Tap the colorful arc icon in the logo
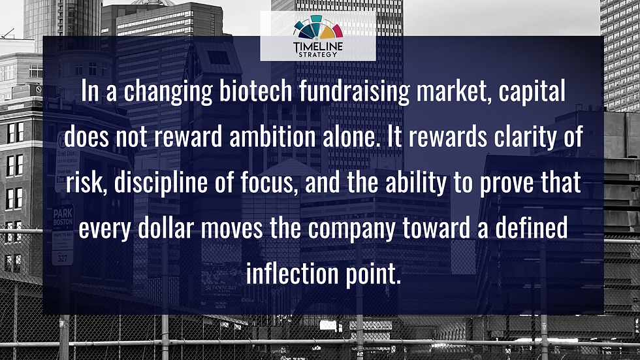(x=317, y=27)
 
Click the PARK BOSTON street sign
(x=63, y=218)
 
